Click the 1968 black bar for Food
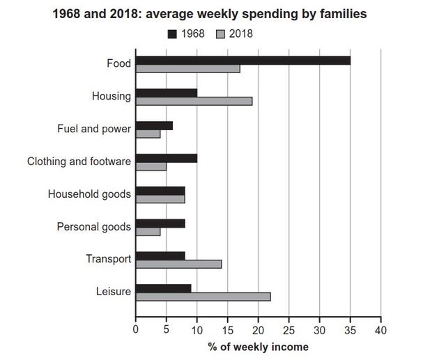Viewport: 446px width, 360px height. tap(243, 61)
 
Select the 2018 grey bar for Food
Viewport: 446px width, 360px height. tap(187, 68)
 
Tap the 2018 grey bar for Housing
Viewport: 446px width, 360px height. tap(194, 101)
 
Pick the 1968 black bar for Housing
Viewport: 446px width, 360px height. tap(166, 93)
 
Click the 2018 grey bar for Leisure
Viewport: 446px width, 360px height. tap(203, 297)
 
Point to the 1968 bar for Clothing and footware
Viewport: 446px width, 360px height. tap(166, 158)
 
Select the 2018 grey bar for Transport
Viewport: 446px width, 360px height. tap(178, 264)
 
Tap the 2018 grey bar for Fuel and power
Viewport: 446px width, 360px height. tap(148, 134)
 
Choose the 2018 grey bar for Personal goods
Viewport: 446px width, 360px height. tap(148, 231)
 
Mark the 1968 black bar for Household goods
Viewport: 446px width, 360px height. tap(160, 190)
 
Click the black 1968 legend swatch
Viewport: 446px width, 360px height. tap(173, 33)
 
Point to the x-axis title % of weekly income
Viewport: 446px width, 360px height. tap(257, 347)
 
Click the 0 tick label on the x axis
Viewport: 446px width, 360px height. tap(135, 329)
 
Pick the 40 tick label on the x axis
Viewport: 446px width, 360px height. tap(380, 329)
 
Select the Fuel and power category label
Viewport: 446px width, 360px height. tap(94, 129)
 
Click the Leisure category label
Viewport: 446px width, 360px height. tap(113, 292)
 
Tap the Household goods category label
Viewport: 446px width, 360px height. tap(89, 194)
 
